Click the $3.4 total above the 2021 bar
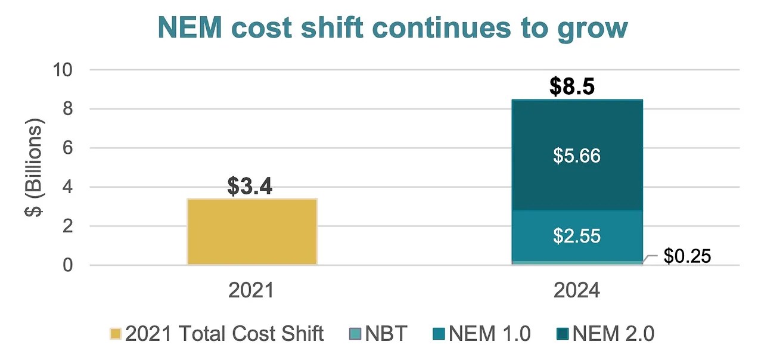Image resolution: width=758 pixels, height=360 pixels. point(250,187)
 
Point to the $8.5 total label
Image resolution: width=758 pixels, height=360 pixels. point(572,86)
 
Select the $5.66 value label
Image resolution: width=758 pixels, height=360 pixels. point(577,156)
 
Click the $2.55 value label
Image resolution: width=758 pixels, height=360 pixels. point(577,235)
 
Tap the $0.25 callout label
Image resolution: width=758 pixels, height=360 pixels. point(687,256)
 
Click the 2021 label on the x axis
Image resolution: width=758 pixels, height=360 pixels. point(251,290)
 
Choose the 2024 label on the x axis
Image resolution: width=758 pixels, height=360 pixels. point(576,290)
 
